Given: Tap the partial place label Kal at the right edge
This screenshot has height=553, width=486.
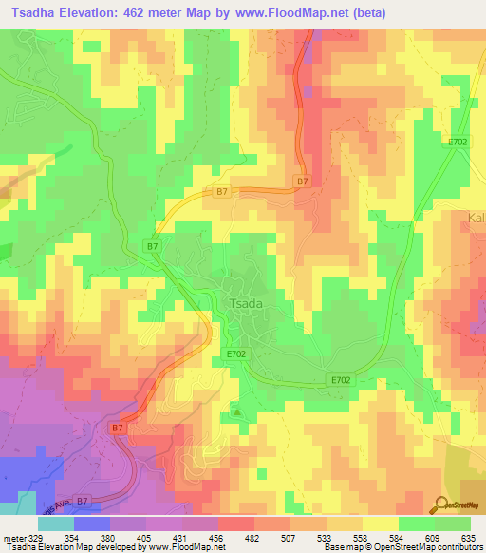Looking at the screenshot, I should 476,218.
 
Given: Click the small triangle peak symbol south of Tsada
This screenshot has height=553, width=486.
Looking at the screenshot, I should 237,413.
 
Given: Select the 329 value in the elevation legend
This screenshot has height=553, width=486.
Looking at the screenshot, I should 36,537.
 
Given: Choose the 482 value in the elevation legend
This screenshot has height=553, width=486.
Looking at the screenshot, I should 253,537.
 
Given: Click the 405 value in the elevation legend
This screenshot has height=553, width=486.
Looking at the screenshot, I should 145,537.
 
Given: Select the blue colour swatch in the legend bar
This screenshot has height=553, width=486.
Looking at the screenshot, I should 92,524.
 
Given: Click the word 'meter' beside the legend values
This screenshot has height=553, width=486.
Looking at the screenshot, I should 13,537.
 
